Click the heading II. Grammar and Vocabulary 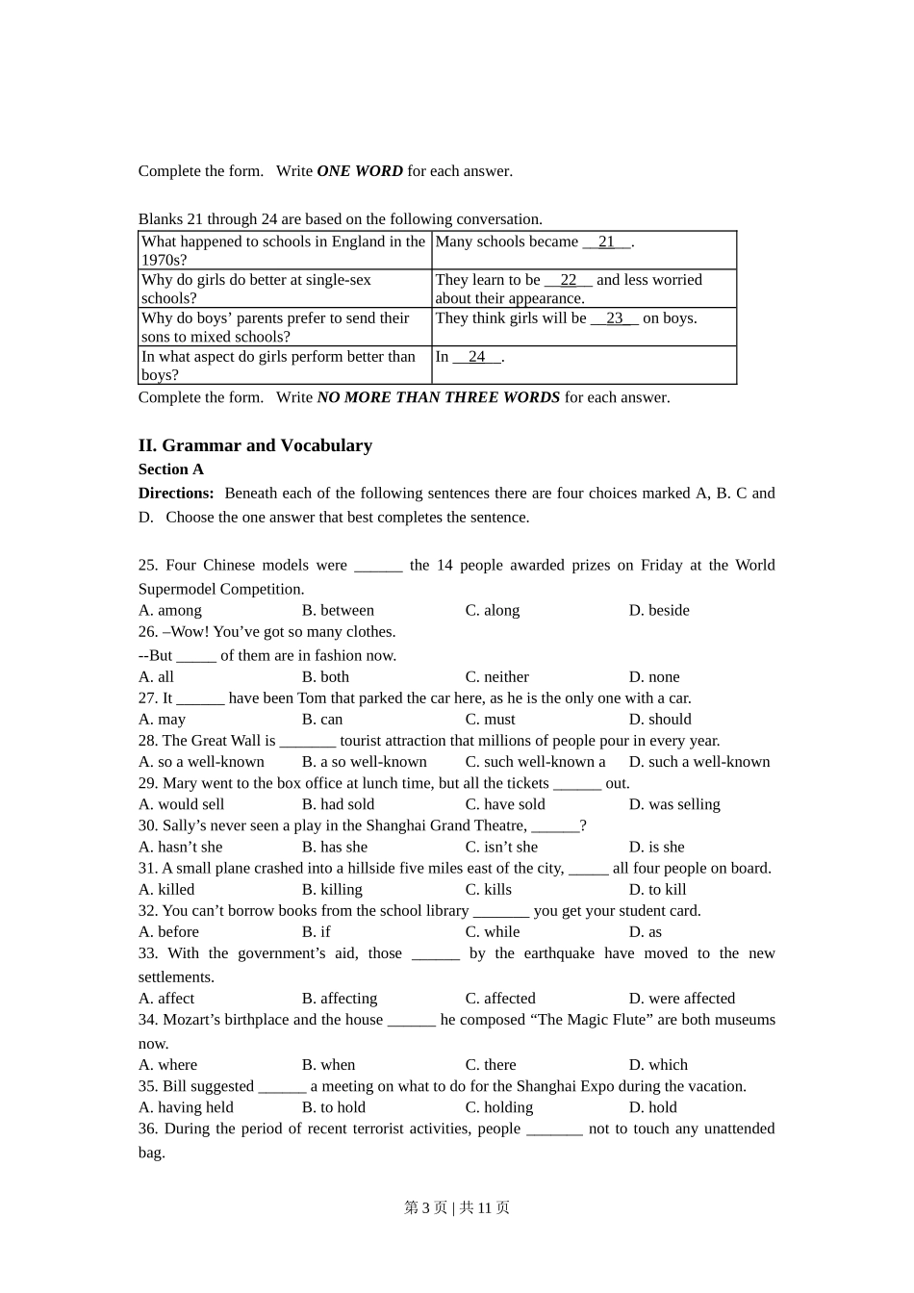[255, 445]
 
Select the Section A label [171, 469]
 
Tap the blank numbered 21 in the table [606, 242]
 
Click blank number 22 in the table [569, 280]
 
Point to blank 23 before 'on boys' [615, 318]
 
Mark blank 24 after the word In [477, 357]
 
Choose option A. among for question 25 [170, 610]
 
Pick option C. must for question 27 [491, 720]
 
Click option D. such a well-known [699, 762]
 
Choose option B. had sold [338, 804]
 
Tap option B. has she [335, 848]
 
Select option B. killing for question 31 [332, 890]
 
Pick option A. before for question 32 [168, 932]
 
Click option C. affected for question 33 [500, 999]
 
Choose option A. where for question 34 [167, 1065]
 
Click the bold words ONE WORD [360, 171]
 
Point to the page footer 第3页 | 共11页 [457, 1207]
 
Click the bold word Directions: [176, 494]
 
